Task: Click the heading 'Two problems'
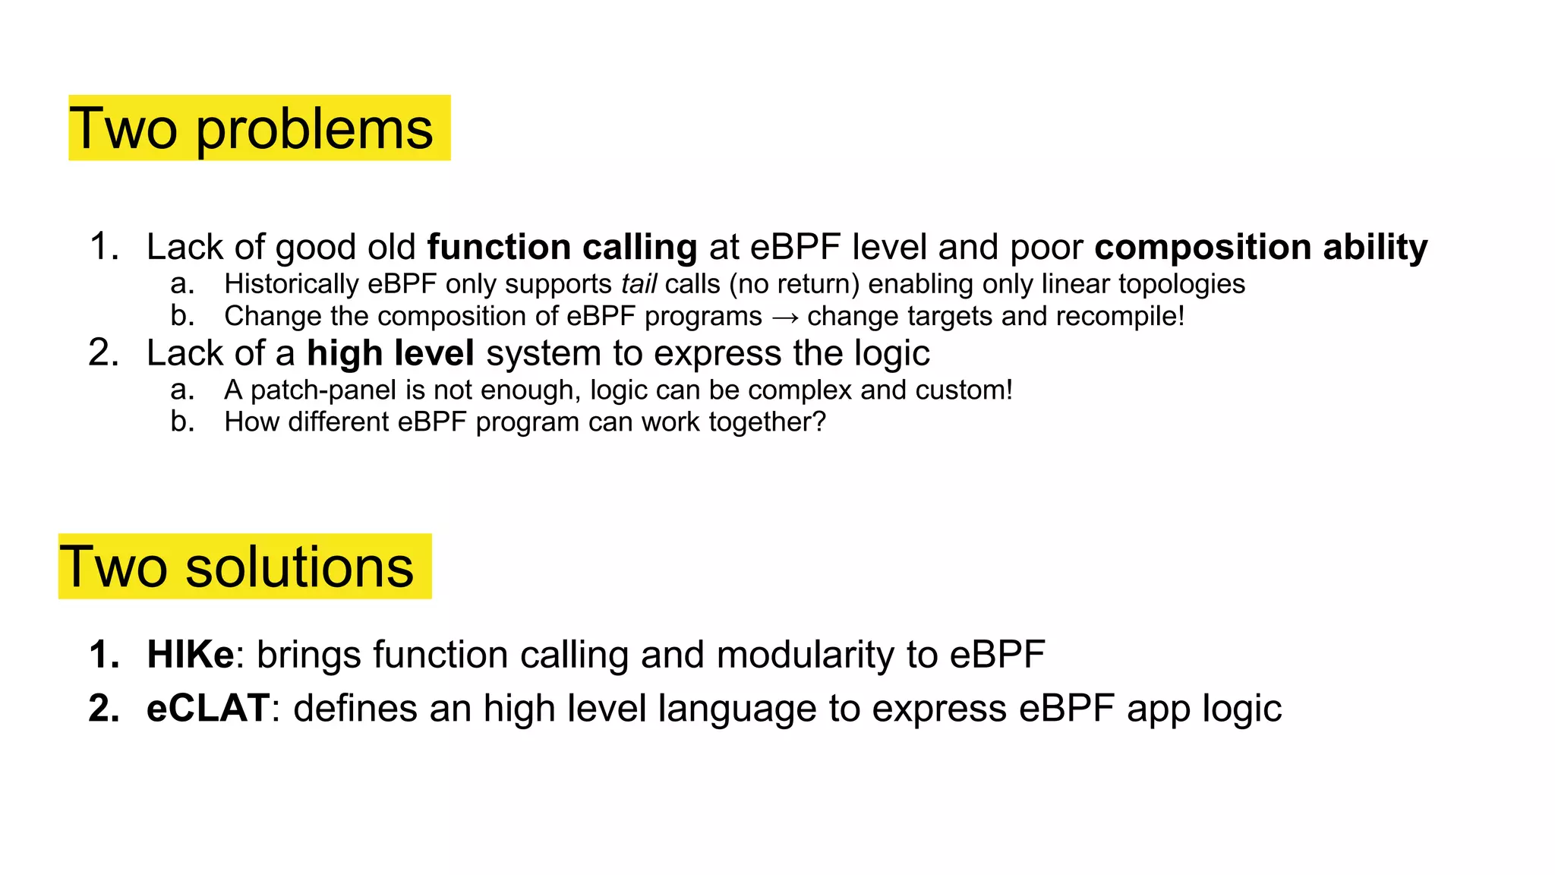252,128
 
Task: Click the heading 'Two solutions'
237,567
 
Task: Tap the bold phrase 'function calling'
562,247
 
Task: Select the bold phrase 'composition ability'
1260,247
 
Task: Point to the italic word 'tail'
639,284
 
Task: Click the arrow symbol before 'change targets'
784,317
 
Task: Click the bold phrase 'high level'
390,353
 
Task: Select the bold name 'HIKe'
191,655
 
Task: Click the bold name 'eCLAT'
208,708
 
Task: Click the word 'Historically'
292,284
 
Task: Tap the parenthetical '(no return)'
794,284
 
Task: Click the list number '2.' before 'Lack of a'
104,353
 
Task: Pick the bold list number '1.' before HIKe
104,655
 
